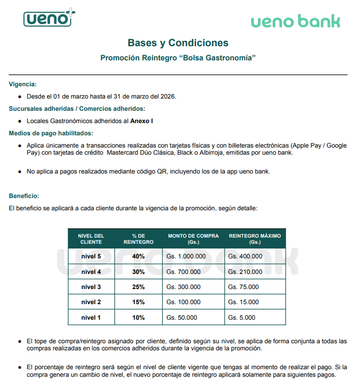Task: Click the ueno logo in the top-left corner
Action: pyautogui.click(x=49, y=18)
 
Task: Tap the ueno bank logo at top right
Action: pyautogui.click(x=295, y=21)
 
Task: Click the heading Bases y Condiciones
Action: pyautogui.click(x=178, y=43)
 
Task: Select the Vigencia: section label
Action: pyautogui.click(x=23, y=84)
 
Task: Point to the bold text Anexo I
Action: pyautogui.click(x=142, y=121)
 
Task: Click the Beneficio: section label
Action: pyautogui.click(x=24, y=196)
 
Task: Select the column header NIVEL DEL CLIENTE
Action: pyautogui.click(x=91, y=239)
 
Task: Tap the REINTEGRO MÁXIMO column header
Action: pyautogui.click(x=255, y=239)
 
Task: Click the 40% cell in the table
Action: pyautogui.click(x=138, y=257)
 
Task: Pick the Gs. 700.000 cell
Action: pyautogui.click(x=184, y=272)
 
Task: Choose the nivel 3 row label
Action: pyautogui.click(x=91, y=287)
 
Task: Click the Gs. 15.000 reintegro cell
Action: pyautogui.click(x=243, y=302)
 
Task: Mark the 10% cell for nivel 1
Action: pyautogui.click(x=138, y=318)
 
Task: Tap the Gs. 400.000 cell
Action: pyautogui.click(x=245, y=257)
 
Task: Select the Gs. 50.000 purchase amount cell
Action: pyautogui.click(x=182, y=318)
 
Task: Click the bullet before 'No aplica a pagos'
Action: pyautogui.click(x=20, y=172)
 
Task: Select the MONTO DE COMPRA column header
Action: pyautogui.click(x=193, y=239)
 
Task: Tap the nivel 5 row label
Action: pyautogui.click(x=91, y=257)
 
